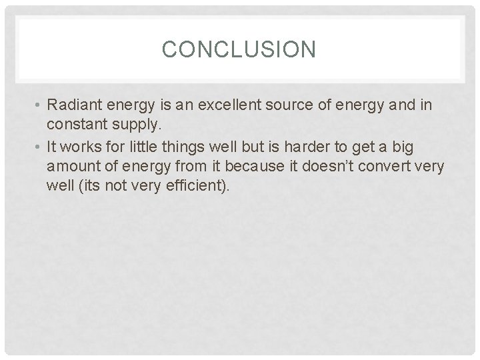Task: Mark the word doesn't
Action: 329,165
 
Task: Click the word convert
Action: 389,165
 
